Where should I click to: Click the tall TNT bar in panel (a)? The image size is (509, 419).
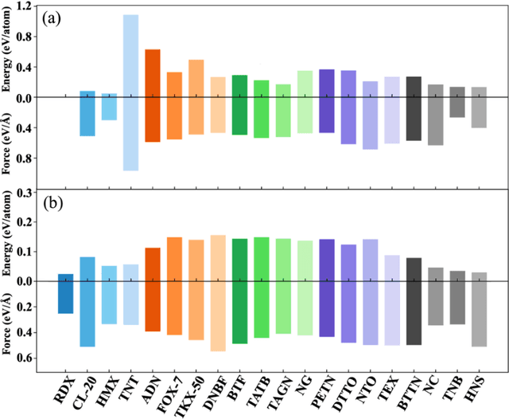131,92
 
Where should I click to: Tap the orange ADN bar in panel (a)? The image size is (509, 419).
153,96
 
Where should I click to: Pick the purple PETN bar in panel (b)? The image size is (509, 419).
327,288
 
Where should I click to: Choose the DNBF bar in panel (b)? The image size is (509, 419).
218,292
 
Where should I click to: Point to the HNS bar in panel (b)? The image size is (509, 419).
479,309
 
